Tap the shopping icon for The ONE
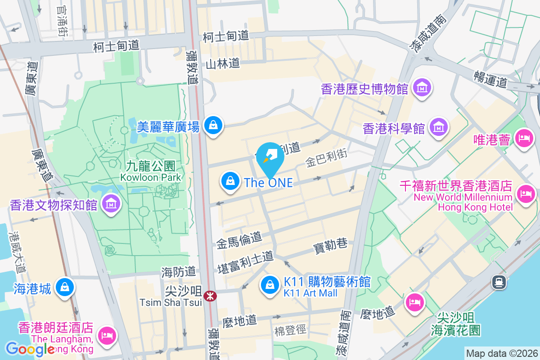click(x=230, y=181)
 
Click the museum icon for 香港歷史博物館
click(x=423, y=87)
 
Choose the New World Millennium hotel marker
click(x=525, y=193)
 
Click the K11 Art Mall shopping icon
click(x=270, y=284)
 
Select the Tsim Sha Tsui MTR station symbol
click(x=209, y=296)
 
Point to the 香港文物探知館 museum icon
click(x=111, y=204)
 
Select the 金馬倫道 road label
click(x=238, y=241)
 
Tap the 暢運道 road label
click(x=490, y=78)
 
